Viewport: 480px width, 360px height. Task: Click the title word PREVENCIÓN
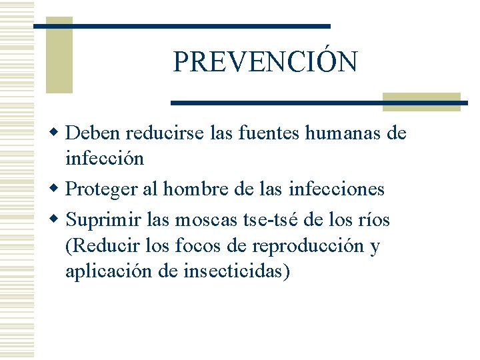click(x=265, y=61)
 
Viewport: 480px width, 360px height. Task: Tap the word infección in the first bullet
click(x=104, y=159)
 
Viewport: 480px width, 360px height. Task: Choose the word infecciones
click(x=337, y=189)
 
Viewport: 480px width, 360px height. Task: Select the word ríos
click(x=373, y=219)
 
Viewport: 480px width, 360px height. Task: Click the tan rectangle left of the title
click(x=59, y=56)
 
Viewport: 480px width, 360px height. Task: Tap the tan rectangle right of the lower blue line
click(x=422, y=101)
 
